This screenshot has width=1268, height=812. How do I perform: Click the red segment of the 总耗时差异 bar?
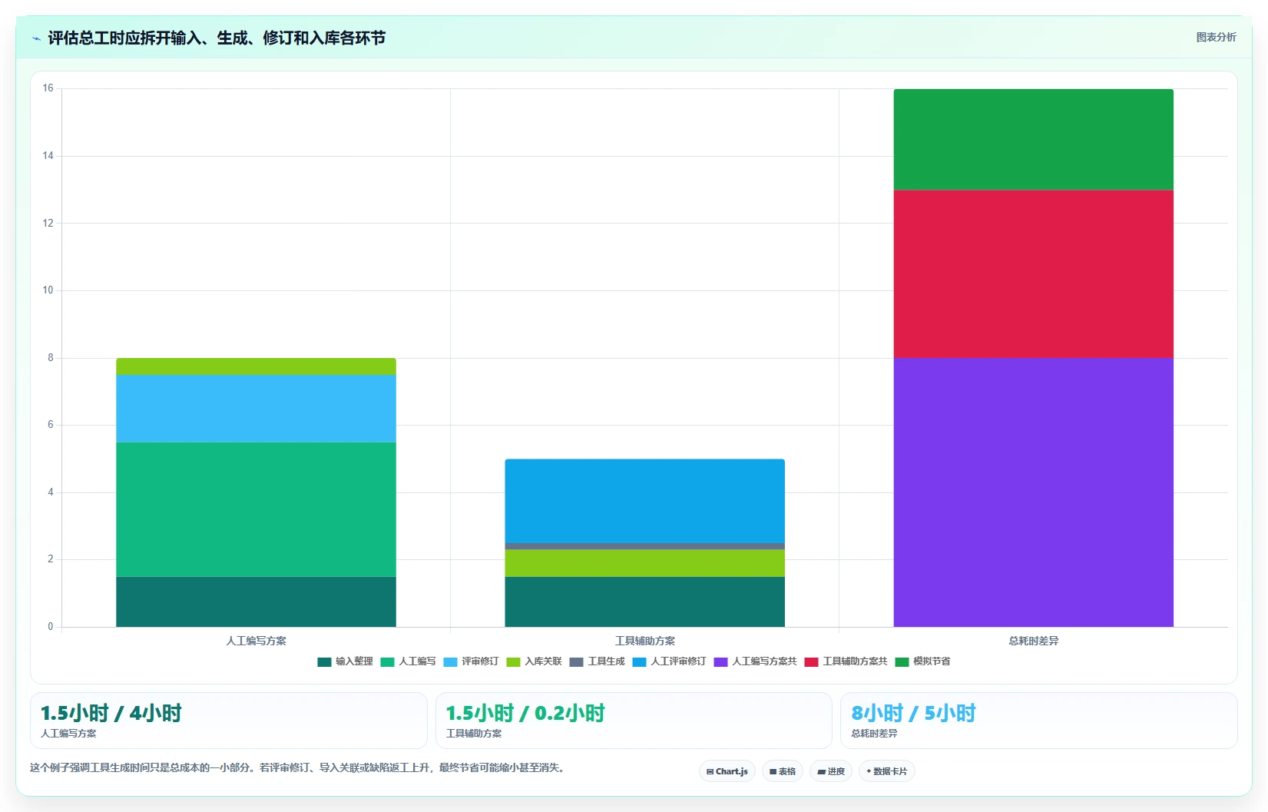(x=1033, y=274)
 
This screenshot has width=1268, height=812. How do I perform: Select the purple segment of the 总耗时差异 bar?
(x=1033, y=492)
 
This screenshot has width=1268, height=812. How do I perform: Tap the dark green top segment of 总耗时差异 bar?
(x=1033, y=139)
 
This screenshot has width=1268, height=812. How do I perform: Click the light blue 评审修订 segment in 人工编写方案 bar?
(x=256, y=408)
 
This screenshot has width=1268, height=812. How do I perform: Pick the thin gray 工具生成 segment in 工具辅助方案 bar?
(x=645, y=546)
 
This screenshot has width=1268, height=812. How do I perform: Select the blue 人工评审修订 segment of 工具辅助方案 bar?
(x=645, y=501)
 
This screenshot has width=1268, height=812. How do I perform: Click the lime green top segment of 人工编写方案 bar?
(x=256, y=366)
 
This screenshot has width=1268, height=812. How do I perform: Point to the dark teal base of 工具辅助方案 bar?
(x=645, y=602)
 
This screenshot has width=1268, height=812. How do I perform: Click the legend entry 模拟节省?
(x=922, y=661)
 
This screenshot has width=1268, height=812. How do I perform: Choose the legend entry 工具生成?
(x=598, y=661)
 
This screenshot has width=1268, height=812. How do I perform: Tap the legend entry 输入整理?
(x=346, y=661)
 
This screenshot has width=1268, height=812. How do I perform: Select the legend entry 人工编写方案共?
(x=756, y=661)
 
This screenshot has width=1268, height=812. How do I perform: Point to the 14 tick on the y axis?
(x=48, y=156)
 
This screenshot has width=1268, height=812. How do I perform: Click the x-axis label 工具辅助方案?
(x=645, y=641)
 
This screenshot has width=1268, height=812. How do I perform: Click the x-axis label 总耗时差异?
(x=1034, y=641)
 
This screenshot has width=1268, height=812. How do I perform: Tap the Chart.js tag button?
(x=727, y=771)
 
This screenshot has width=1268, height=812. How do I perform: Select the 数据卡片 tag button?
(x=887, y=771)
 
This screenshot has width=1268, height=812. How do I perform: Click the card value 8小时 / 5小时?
(x=914, y=713)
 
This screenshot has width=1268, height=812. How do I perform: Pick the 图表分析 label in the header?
(x=1216, y=38)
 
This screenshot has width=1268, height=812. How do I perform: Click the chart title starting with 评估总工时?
(x=217, y=38)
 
